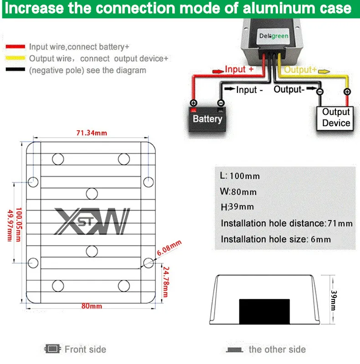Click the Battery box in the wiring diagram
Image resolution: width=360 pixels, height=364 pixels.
[x=207, y=118]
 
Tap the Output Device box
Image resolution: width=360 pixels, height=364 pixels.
[x=336, y=118]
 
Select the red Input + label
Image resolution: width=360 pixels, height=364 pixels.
[x=239, y=69]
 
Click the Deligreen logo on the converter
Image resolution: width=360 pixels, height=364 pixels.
[x=273, y=36]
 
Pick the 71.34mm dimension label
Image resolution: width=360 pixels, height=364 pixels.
[x=91, y=133]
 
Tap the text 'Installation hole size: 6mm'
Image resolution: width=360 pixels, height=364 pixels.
[x=276, y=239]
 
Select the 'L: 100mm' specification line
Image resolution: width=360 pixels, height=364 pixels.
[x=240, y=176]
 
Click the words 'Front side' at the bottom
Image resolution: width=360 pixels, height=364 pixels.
[x=85, y=349]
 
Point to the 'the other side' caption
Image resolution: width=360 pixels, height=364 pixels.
[x=277, y=349]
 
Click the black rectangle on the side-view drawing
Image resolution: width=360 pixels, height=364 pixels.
[x=264, y=311]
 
